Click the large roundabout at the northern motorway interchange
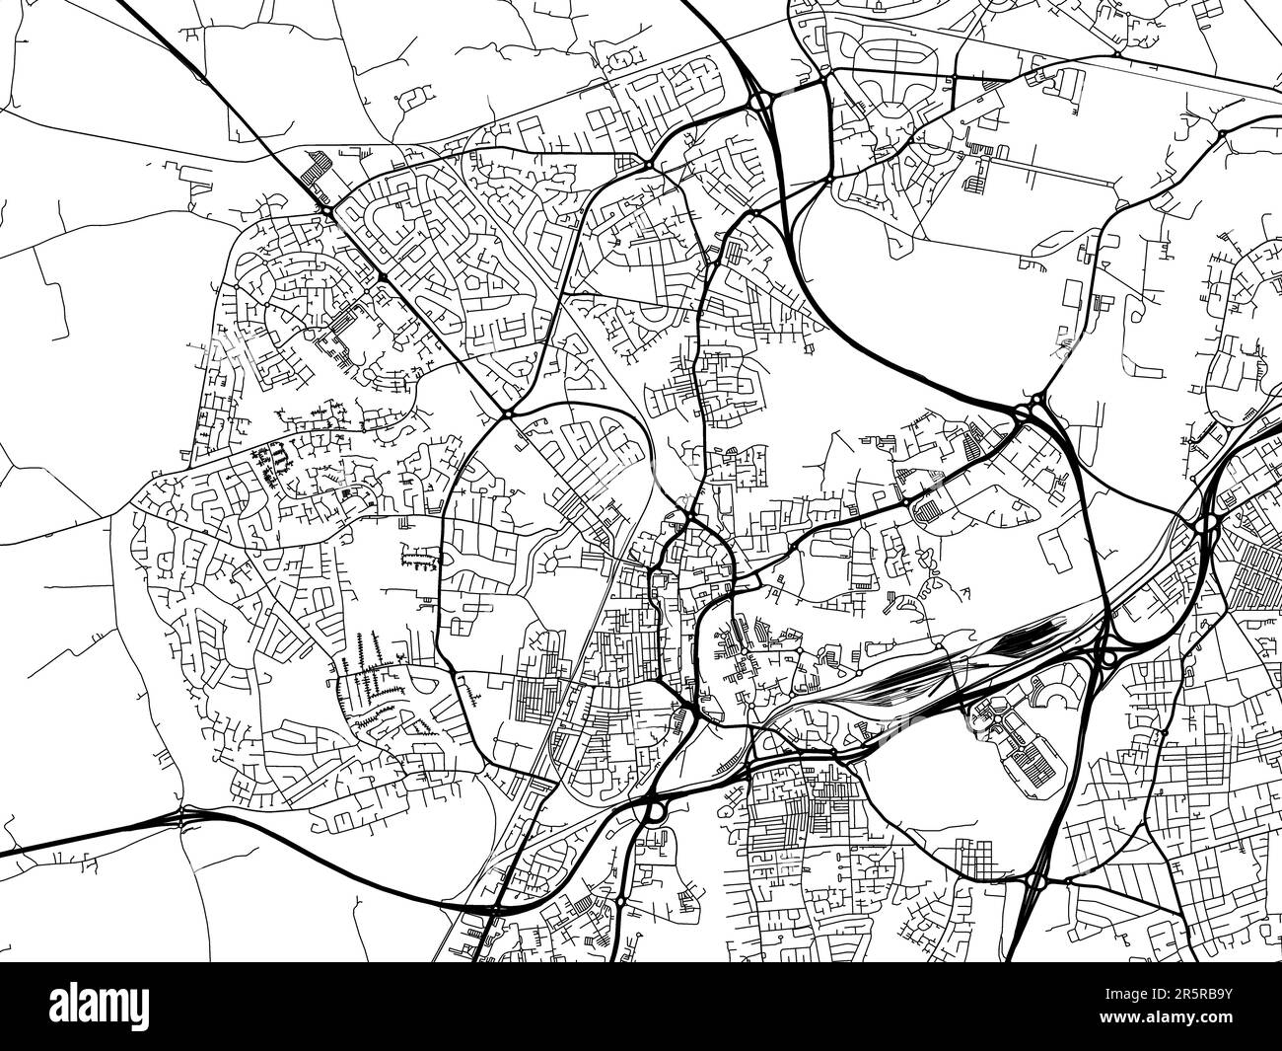[758, 102]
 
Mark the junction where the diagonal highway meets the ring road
[507, 414]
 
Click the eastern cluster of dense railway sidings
[1026, 641]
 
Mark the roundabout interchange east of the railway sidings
[1107, 655]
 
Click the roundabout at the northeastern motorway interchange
[1035, 407]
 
